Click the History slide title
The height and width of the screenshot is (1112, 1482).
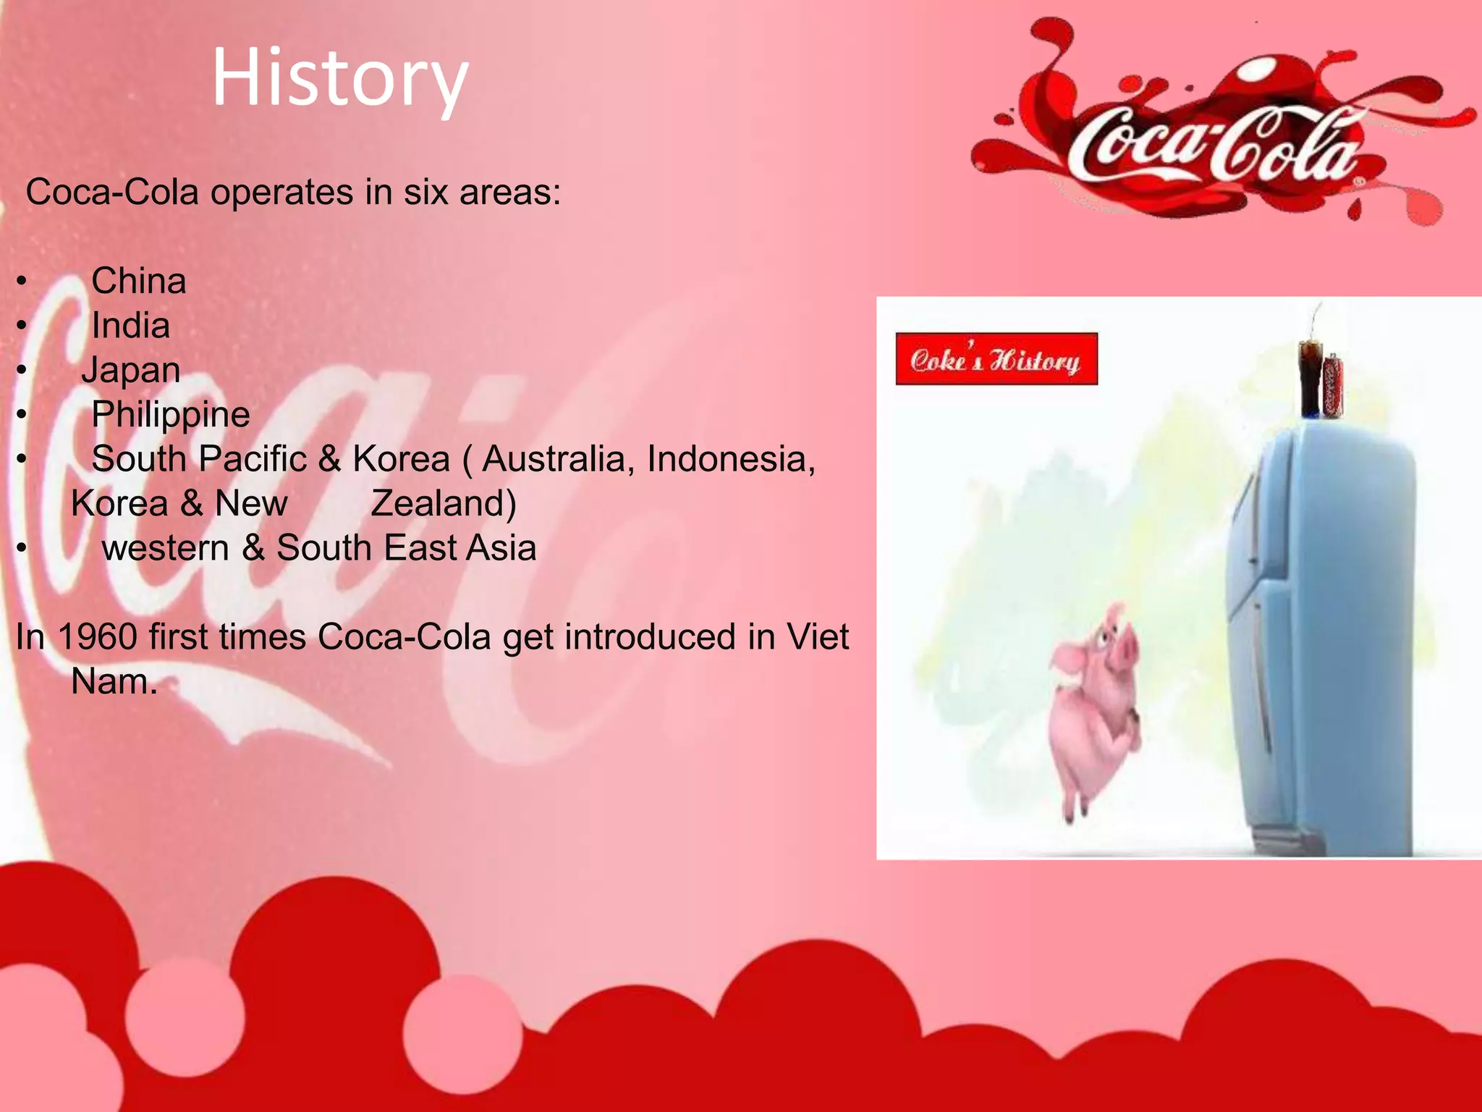tap(340, 78)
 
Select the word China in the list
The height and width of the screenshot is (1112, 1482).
tap(138, 281)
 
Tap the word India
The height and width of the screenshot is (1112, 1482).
tap(130, 326)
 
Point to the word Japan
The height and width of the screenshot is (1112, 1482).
tap(131, 371)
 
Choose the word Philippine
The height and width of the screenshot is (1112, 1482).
tap(171, 415)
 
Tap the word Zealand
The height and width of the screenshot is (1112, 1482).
tap(442, 504)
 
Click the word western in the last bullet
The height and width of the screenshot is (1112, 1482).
tap(165, 548)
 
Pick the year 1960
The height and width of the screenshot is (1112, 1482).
tap(97, 637)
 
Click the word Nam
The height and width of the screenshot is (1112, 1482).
tap(114, 682)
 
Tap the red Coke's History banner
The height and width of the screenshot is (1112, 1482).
tap(996, 359)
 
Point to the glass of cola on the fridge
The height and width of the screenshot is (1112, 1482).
tap(1310, 376)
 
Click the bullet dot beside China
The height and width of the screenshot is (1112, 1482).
tap(22, 282)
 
